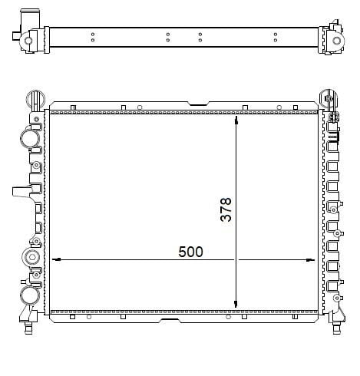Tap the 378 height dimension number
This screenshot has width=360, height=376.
coord(226,209)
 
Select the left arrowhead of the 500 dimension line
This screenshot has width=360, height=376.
coord(55,259)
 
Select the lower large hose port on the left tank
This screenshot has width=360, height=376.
coord(29,295)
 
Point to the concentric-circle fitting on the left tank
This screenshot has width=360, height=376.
coord(32,256)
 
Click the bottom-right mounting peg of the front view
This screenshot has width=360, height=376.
coord(336,330)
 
